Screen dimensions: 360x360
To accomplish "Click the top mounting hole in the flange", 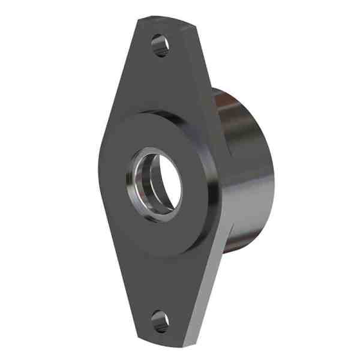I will (160, 45).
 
